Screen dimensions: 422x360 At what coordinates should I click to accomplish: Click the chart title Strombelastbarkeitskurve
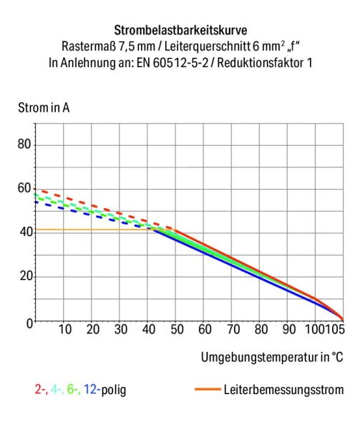(180, 31)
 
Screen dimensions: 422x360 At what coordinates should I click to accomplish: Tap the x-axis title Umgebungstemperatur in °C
(272, 356)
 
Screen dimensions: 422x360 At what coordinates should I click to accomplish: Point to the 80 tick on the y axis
(25, 144)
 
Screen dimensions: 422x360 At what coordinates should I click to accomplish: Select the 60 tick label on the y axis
(25, 189)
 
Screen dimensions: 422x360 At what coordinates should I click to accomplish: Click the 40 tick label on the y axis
(25, 232)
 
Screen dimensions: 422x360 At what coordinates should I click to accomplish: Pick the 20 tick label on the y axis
(25, 277)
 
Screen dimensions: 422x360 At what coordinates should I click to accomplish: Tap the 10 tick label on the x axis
(64, 330)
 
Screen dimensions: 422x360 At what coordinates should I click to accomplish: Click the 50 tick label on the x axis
(177, 330)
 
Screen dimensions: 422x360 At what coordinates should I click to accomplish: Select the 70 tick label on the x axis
(233, 330)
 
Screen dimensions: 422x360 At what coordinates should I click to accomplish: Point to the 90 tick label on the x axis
(288, 330)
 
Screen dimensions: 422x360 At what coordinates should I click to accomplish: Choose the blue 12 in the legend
(91, 390)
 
